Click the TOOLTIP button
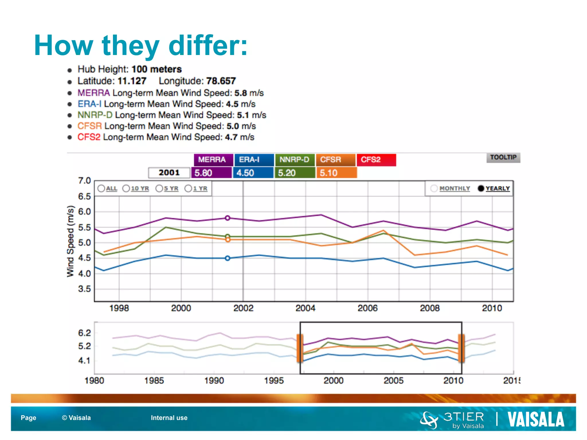point(503,157)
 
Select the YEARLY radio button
point(481,188)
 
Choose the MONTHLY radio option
point(434,188)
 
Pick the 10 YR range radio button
point(126,188)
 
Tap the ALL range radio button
point(101,188)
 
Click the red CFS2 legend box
point(376,160)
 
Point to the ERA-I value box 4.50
point(253,173)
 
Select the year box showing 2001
point(169,172)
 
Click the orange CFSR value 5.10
point(336,173)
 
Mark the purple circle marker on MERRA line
point(228,218)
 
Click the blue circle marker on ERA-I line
point(228,258)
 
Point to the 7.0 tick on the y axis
point(84,181)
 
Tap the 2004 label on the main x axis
point(305,308)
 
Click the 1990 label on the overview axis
point(214,380)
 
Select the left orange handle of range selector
point(300,348)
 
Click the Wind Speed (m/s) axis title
point(71,241)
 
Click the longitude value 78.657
point(221,81)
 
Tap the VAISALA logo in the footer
point(535,419)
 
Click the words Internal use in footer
point(169,418)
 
